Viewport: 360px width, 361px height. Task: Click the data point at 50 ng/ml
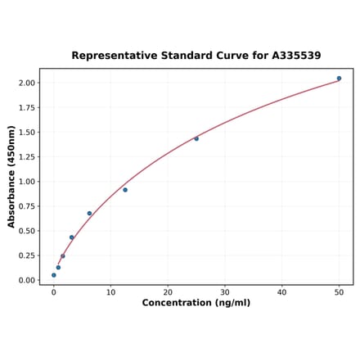pyautogui.click(x=339, y=79)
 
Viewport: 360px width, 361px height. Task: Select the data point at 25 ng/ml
pyautogui.click(x=196, y=138)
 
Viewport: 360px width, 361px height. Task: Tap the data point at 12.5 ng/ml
pyautogui.click(x=125, y=190)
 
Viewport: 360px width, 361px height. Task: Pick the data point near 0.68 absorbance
pyautogui.click(x=89, y=214)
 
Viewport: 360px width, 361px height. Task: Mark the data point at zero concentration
pyautogui.click(x=54, y=275)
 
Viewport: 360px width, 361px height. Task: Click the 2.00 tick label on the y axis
pyautogui.click(x=26, y=83)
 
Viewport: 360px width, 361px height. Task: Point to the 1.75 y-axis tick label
pyautogui.click(x=26, y=107)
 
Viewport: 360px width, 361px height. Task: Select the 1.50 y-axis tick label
pyautogui.click(x=26, y=132)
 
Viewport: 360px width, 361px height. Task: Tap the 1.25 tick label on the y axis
pyautogui.click(x=26, y=156)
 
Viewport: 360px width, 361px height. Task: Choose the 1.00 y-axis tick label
pyautogui.click(x=26, y=182)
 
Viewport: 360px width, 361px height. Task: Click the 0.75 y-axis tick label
pyautogui.click(x=26, y=206)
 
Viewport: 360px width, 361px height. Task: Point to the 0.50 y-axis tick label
pyautogui.click(x=26, y=231)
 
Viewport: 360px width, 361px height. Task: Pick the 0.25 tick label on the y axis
pyautogui.click(x=26, y=255)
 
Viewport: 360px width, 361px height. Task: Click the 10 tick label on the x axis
pyautogui.click(x=110, y=291)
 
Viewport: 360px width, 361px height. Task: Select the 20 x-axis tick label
pyautogui.click(x=168, y=291)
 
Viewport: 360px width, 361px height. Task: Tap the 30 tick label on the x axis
pyautogui.click(x=225, y=291)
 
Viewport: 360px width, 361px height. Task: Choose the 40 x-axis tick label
pyautogui.click(x=281, y=291)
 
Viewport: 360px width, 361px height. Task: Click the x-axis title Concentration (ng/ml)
pyautogui.click(x=196, y=303)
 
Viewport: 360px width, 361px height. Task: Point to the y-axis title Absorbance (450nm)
pyautogui.click(x=11, y=177)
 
